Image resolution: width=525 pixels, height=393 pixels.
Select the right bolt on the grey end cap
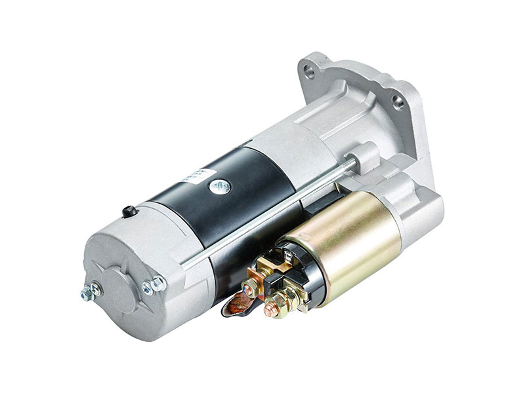click(158, 283)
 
